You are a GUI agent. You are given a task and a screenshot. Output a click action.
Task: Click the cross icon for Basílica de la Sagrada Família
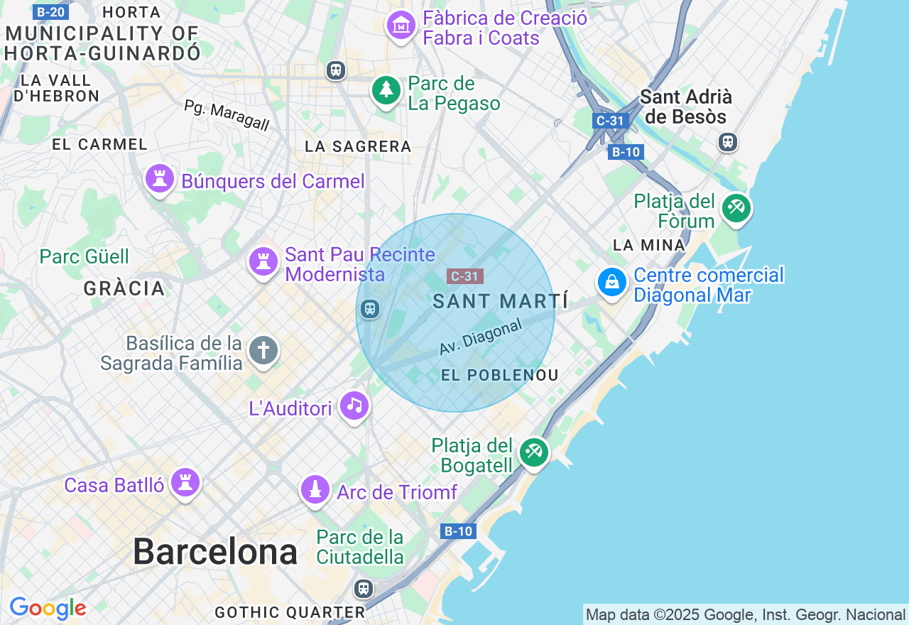pos(263,350)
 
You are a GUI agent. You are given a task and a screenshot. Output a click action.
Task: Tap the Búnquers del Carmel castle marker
pos(160,178)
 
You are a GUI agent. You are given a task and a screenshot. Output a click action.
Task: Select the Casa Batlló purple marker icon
pos(185,483)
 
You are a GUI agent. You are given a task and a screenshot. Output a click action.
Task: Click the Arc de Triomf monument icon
pos(315,489)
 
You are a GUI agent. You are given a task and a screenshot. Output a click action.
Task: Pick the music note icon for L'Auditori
pos(354,406)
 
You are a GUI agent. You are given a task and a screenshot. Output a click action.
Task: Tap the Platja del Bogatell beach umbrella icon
pos(533,452)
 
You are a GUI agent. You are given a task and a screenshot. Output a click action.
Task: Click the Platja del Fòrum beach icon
pos(736,208)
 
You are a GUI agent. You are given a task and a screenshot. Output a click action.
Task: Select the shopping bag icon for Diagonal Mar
pos(611,282)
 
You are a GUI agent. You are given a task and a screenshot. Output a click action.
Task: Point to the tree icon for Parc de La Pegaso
pos(386,90)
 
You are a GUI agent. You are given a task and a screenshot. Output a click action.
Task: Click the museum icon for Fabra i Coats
pos(401,26)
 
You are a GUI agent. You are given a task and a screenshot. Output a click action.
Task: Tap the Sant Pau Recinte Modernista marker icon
pos(263,261)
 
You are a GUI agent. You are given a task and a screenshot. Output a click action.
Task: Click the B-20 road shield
pos(50,12)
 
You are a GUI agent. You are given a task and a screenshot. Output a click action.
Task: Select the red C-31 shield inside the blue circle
pos(465,276)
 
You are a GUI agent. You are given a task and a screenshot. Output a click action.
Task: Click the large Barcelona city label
pos(214,552)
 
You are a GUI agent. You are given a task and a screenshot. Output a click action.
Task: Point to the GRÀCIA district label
pos(124,288)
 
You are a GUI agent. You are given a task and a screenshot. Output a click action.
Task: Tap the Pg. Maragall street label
pos(227,115)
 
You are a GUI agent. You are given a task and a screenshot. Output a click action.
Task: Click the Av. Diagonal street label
pos(481,337)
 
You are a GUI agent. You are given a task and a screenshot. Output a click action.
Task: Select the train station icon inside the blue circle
pos(369,309)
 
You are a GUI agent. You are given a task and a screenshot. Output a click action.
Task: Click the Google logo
pos(48,609)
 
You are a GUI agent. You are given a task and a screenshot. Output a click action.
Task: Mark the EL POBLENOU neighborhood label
pos(499,375)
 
